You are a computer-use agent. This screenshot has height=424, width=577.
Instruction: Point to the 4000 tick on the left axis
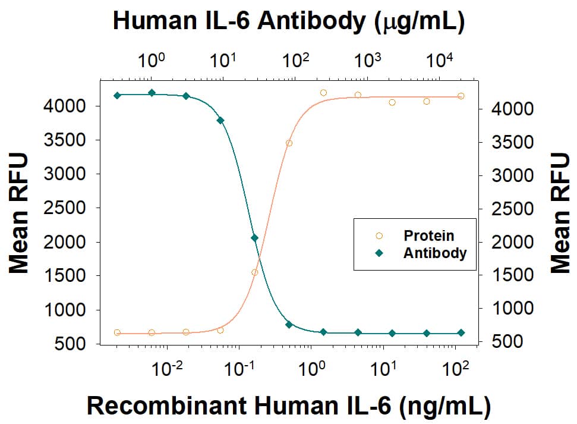point(71,106)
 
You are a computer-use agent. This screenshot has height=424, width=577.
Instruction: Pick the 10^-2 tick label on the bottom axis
point(167,370)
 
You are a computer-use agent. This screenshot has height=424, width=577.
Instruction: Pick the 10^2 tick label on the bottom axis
point(456,370)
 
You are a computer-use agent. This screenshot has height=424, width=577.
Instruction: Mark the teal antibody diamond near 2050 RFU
point(254,238)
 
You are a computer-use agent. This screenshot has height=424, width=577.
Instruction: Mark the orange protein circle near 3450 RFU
point(289,143)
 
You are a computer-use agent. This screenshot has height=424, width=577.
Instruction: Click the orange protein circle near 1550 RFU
point(254,272)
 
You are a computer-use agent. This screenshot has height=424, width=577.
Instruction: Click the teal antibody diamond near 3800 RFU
point(220,120)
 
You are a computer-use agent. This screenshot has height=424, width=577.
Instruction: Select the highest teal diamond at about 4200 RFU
point(152,92)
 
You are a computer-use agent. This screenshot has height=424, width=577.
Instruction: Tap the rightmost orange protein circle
point(461,96)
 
